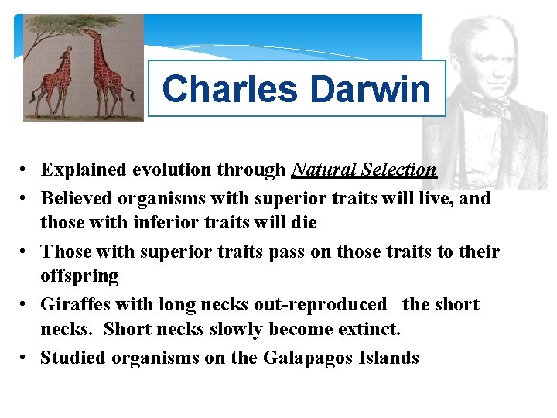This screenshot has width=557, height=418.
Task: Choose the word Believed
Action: click(77, 198)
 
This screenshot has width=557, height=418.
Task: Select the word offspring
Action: click(80, 276)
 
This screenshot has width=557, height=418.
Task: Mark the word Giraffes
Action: click(74, 304)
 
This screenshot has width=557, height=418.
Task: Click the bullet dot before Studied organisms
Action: click(25, 358)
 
